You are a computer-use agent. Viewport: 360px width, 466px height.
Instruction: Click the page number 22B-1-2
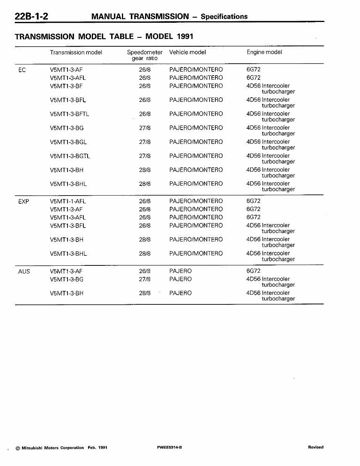pyautogui.click(x=31, y=16)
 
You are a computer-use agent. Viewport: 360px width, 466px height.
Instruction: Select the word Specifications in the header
pyautogui.click(x=224, y=17)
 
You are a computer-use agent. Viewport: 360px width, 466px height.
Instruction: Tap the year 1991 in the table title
pyautogui.click(x=185, y=37)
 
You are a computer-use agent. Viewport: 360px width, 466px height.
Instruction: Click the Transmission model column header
pyautogui.click(x=76, y=52)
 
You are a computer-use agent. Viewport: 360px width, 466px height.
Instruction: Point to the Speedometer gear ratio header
pyautogui.click(x=145, y=55)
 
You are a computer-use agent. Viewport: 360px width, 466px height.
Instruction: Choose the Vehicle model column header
pyautogui.click(x=188, y=52)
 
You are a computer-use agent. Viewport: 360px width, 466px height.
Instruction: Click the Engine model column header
pyautogui.click(x=264, y=52)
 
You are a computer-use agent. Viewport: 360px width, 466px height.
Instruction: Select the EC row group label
pyautogui.click(x=22, y=70)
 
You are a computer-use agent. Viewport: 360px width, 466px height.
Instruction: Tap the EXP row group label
pyautogui.click(x=24, y=201)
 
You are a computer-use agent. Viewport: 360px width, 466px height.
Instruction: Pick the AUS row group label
pyautogui.click(x=24, y=272)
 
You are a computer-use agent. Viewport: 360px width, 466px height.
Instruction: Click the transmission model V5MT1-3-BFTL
pyautogui.click(x=69, y=114)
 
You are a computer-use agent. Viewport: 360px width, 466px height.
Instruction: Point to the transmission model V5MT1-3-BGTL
pyautogui.click(x=70, y=156)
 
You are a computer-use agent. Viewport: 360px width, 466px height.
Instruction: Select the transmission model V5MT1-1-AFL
pyautogui.click(x=68, y=201)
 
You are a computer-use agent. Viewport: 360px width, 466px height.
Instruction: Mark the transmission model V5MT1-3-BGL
pyautogui.click(x=68, y=142)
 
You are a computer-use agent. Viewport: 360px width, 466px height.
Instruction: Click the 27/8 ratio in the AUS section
pyautogui.click(x=145, y=279)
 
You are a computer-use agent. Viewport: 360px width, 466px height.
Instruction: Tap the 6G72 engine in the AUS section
pyautogui.click(x=254, y=271)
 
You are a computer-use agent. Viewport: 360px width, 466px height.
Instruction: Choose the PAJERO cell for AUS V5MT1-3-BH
pyautogui.click(x=180, y=293)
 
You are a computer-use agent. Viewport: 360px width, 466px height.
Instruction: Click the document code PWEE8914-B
pyautogui.click(x=169, y=447)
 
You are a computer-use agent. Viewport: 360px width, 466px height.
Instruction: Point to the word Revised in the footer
pyautogui.click(x=316, y=447)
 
